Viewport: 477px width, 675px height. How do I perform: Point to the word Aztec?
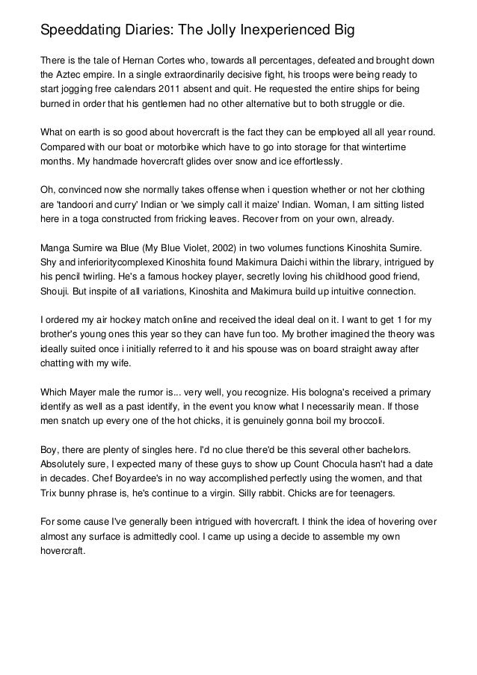(x=74, y=75)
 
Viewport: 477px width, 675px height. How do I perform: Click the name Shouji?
(x=58, y=291)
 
